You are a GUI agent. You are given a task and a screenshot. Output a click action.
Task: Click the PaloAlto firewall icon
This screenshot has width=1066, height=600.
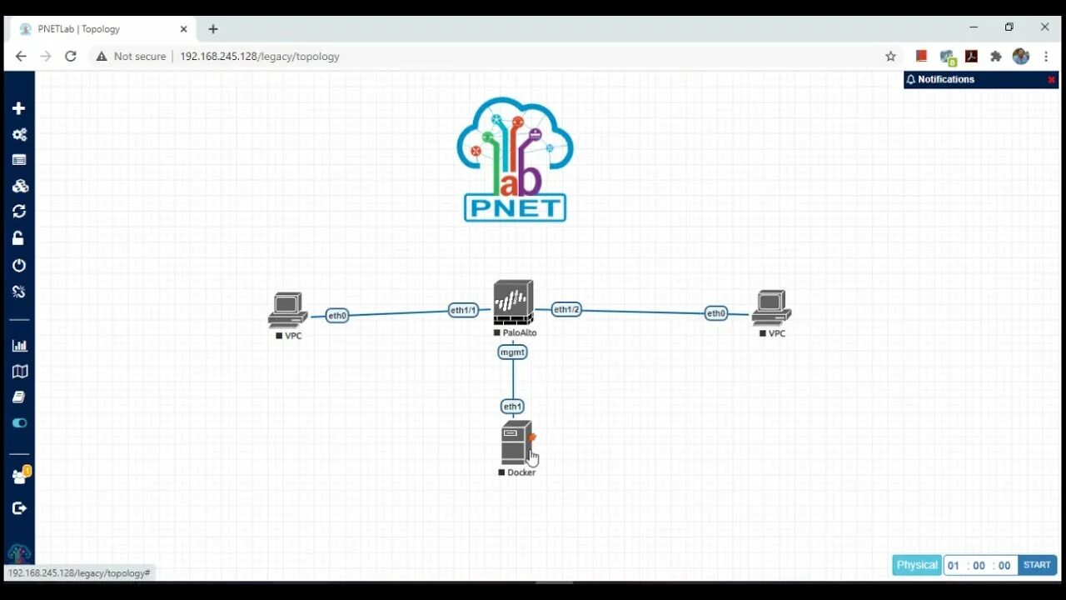513,302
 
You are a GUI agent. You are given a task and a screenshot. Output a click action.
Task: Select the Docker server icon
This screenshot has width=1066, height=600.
516,442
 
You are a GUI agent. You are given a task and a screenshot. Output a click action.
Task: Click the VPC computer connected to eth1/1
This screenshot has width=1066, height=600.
288,310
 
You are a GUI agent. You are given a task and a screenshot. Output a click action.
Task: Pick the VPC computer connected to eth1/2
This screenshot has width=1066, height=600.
771,308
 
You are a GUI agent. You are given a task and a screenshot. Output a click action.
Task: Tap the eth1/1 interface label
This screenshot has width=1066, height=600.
463,310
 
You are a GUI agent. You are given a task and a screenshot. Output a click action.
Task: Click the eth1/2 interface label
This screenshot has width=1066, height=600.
566,309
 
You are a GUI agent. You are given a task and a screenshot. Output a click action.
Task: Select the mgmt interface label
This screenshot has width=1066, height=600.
512,352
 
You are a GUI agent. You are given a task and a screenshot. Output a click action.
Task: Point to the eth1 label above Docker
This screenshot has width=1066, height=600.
512,407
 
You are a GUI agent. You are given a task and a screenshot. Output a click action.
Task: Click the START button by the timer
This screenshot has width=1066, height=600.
1037,565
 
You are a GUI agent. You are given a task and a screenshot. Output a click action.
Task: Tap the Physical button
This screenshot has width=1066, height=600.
917,565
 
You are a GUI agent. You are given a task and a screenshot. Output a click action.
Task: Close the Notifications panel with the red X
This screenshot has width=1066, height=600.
1051,80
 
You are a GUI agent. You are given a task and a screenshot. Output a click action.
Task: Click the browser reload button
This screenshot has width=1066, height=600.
71,57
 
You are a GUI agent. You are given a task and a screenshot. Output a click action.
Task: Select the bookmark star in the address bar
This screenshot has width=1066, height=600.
890,57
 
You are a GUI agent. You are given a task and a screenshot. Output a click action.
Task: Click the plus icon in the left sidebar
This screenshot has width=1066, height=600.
19,108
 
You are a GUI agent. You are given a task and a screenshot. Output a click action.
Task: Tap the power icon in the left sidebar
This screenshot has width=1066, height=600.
19,265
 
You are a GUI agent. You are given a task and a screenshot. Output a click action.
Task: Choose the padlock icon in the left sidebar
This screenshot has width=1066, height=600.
19,238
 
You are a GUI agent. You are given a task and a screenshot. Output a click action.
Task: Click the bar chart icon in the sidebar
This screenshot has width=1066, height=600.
19,345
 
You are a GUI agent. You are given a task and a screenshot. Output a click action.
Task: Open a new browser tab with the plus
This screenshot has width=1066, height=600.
213,29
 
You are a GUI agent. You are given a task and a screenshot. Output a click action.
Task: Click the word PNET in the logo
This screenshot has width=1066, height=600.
515,207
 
